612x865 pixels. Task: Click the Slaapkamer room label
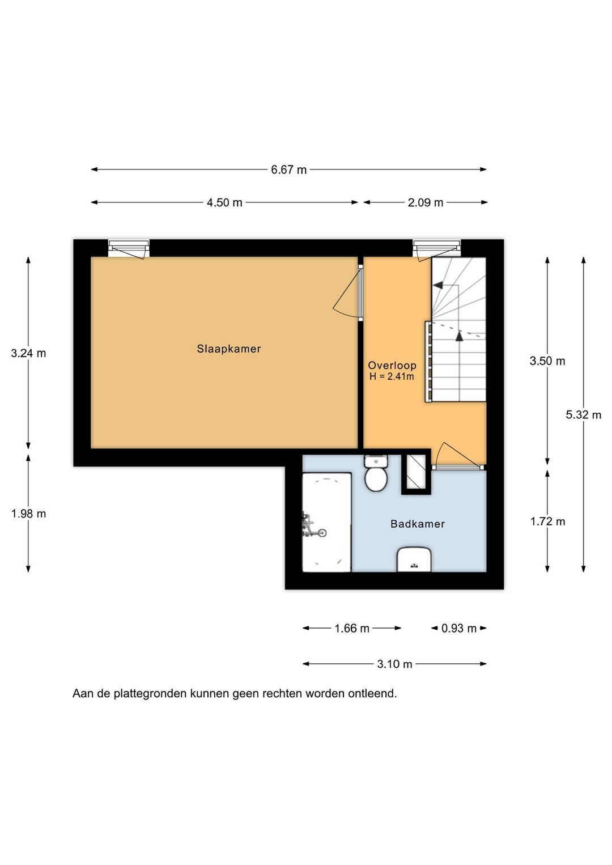pos(229,349)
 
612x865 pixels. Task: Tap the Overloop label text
pos(392,366)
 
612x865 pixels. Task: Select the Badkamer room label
pos(418,524)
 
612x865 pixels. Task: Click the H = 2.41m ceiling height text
pos(392,376)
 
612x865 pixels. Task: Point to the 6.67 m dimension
pos(288,169)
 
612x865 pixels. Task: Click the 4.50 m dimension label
pos(224,202)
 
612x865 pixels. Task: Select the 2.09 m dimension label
pos(426,202)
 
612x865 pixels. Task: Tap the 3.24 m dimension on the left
pos(28,353)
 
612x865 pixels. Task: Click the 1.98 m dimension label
pos(28,514)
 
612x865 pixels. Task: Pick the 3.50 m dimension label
pos(547,361)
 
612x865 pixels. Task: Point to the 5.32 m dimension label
pos(584,414)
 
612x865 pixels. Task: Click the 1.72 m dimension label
pos(547,521)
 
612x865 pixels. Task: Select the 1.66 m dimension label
pos(352,628)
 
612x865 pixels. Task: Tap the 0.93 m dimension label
pos(459,628)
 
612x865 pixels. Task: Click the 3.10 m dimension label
pos(394,664)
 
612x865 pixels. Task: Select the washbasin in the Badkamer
pos(414,559)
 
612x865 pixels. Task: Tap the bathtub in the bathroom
pos(326,522)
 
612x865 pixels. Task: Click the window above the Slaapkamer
pos(129,248)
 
